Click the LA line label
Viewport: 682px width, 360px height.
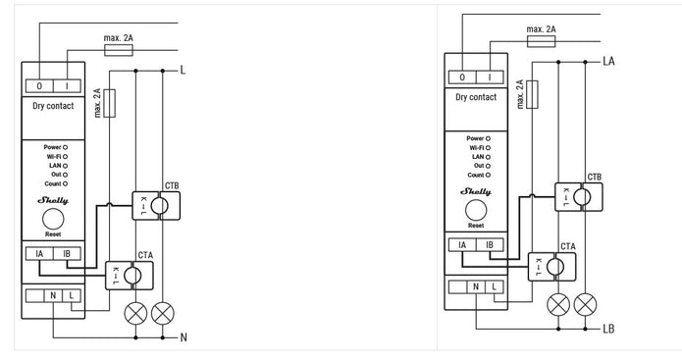[608, 61]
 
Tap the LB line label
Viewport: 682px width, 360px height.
[608, 330]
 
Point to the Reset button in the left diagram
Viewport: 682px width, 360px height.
[56, 219]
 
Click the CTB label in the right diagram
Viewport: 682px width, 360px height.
[594, 177]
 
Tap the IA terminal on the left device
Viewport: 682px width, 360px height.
[38, 254]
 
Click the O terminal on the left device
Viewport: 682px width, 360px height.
[39, 86]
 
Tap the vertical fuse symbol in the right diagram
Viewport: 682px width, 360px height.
[531, 94]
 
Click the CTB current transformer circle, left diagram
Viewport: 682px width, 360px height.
[164, 205]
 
